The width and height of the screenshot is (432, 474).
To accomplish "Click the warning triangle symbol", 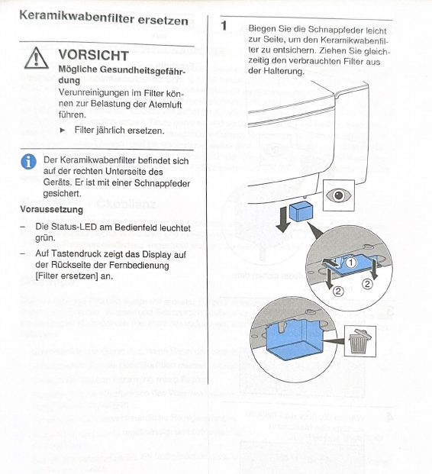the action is (x=37, y=58).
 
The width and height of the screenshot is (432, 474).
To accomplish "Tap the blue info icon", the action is (x=29, y=161).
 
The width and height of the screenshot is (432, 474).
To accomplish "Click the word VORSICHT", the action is (x=94, y=55).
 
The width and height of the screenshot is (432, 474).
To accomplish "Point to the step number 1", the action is (x=224, y=26).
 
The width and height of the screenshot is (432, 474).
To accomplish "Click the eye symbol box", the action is (x=339, y=195).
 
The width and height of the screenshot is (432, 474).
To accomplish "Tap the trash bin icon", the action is (x=359, y=341).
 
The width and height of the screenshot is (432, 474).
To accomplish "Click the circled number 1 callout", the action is (x=350, y=263).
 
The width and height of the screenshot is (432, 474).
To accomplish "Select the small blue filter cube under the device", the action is (x=301, y=211).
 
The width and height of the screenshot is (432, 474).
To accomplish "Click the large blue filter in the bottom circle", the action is (x=295, y=340).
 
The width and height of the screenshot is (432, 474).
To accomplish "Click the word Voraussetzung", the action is (x=52, y=209).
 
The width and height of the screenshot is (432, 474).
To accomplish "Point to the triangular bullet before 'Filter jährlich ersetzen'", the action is (x=63, y=131).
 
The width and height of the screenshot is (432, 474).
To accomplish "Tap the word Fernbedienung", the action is (x=143, y=265).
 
